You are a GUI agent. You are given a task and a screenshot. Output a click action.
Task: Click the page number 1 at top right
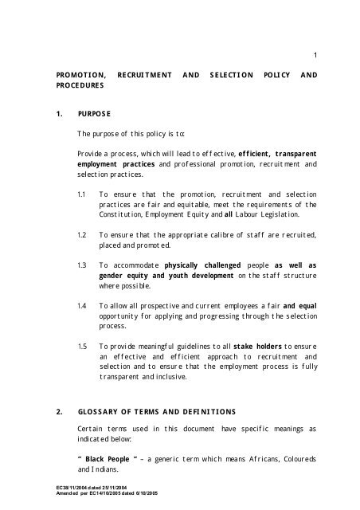tap(315, 54)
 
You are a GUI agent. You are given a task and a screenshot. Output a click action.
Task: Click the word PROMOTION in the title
tap(76, 75)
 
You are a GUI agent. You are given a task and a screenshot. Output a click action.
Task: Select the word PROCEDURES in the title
tap(80, 85)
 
